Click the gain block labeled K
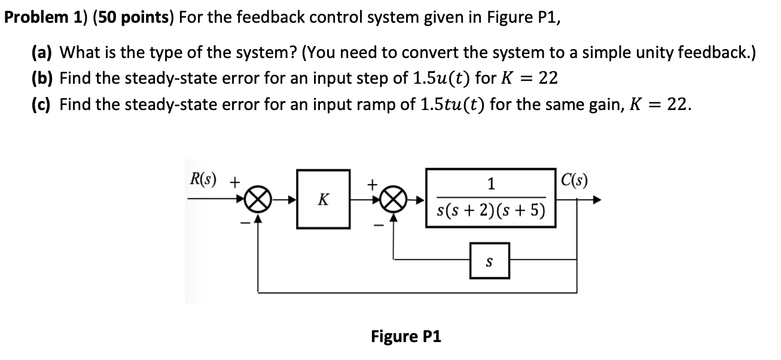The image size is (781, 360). pyautogui.click(x=323, y=199)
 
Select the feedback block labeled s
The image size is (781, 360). pyautogui.click(x=489, y=261)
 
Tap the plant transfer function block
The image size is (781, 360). pyautogui.click(x=490, y=199)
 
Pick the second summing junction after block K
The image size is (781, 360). pyautogui.click(x=393, y=199)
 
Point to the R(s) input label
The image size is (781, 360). pyautogui.click(x=204, y=179)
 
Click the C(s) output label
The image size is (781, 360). pyautogui.click(x=573, y=179)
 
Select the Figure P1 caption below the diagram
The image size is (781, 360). pyautogui.click(x=406, y=336)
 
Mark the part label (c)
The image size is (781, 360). pyautogui.click(x=43, y=105)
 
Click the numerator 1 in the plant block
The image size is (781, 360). pyautogui.click(x=490, y=185)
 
